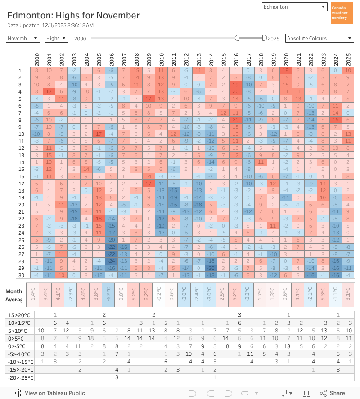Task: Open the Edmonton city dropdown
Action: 295,7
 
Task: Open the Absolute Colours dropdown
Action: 319,38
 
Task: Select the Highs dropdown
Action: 56,38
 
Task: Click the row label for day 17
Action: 20,183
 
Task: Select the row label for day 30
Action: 20,275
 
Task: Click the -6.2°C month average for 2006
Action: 108,295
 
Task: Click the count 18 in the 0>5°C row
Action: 90,338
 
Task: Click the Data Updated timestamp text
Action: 50,25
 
